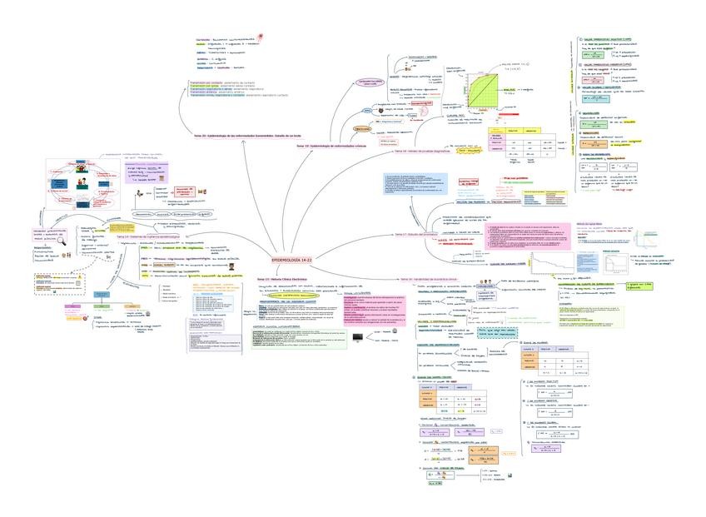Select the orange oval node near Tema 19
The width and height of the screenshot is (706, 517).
363,130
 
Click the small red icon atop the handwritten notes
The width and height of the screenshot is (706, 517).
263,37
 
